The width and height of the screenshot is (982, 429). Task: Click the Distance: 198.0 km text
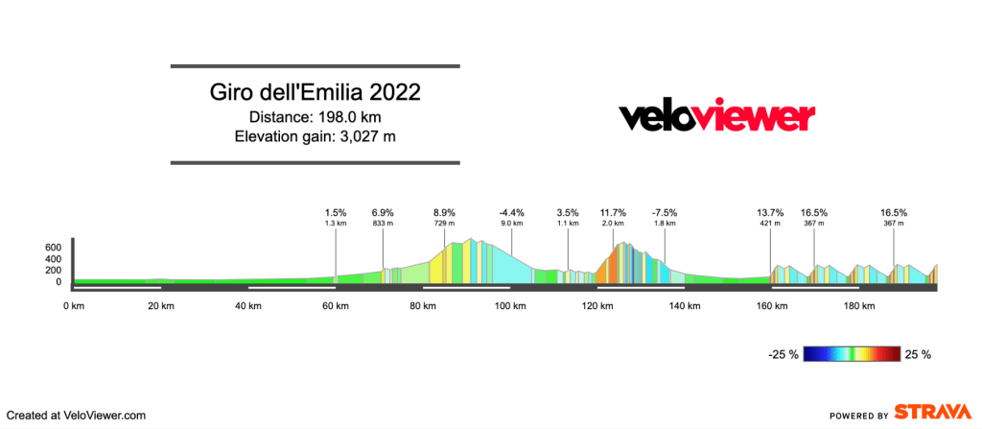tap(316, 117)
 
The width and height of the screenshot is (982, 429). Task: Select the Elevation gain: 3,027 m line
tap(316, 136)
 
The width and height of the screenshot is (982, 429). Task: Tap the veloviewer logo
tap(716, 117)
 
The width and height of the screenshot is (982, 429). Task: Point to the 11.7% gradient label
tap(613, 212)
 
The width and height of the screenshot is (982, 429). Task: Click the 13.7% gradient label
tap(770, 212)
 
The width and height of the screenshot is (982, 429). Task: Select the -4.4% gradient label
tap(512, 212)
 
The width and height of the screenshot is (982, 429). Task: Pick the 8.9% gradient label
tap(444, 212)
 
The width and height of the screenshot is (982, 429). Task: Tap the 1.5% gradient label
tap(336, 212)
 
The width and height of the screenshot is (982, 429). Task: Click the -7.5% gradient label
tap(665, 212)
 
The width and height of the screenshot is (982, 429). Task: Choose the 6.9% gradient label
tap(384, 212)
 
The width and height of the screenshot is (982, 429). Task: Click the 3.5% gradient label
tap(568, 212)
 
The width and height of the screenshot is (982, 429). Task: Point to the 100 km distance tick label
tap(510, 306)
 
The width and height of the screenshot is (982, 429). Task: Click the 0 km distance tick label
tap(73, 306)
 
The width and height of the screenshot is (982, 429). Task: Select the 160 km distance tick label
tap(772, 306)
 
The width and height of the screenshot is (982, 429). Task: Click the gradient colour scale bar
tap(851, 354)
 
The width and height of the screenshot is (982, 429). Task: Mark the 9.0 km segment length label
tap(512, 224)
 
